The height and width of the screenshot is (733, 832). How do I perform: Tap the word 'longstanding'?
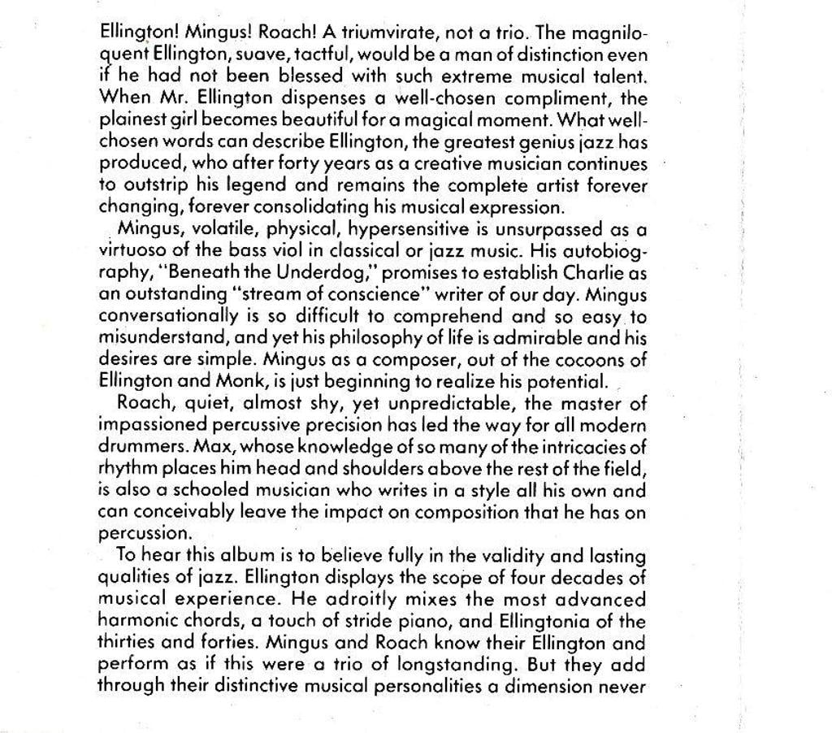pos(456,666)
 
